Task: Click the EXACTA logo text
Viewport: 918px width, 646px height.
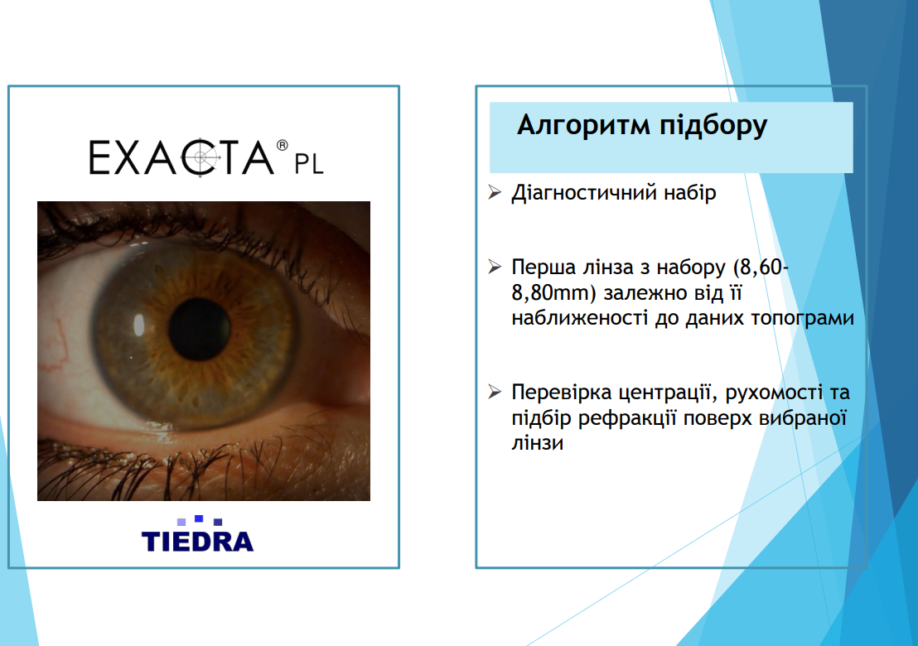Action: (181, 157)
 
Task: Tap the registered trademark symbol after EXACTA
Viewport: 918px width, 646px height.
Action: (283, 145)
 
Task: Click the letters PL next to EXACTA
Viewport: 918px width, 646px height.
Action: (309, 165)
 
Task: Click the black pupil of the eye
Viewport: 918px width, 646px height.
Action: (199, 329)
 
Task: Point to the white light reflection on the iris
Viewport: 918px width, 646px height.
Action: (138, 325)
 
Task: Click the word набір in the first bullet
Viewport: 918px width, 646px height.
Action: (689, 193)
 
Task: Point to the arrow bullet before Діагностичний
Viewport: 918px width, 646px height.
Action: (495, 192)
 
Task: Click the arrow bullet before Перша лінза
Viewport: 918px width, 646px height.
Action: (495, 267)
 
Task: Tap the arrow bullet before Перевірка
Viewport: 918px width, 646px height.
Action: (495, 392)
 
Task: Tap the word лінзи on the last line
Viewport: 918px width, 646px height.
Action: (538, 443)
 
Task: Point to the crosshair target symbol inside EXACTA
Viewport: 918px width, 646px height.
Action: (201, 157)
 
